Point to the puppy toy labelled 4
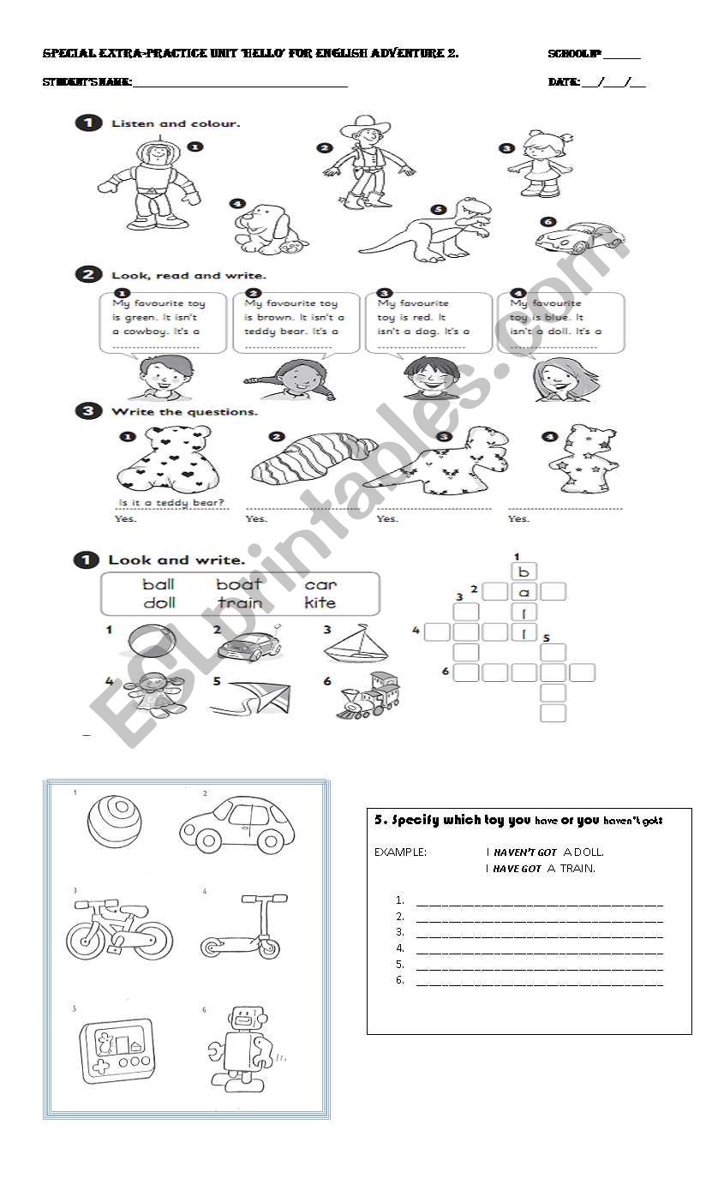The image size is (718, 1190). (x=270, y=230)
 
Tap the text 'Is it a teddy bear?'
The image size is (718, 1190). (x=171, y=502)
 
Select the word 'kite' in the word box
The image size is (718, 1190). (x=320, y=603)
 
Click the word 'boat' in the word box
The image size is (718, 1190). (x=239, y=585)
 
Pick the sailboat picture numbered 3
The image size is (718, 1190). (x=355, y=643)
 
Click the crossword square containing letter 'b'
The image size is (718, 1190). (x=524, y=571)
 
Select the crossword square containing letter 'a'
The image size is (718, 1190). (x=524, y=591)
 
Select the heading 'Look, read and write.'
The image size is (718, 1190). (x=188, y=275)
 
